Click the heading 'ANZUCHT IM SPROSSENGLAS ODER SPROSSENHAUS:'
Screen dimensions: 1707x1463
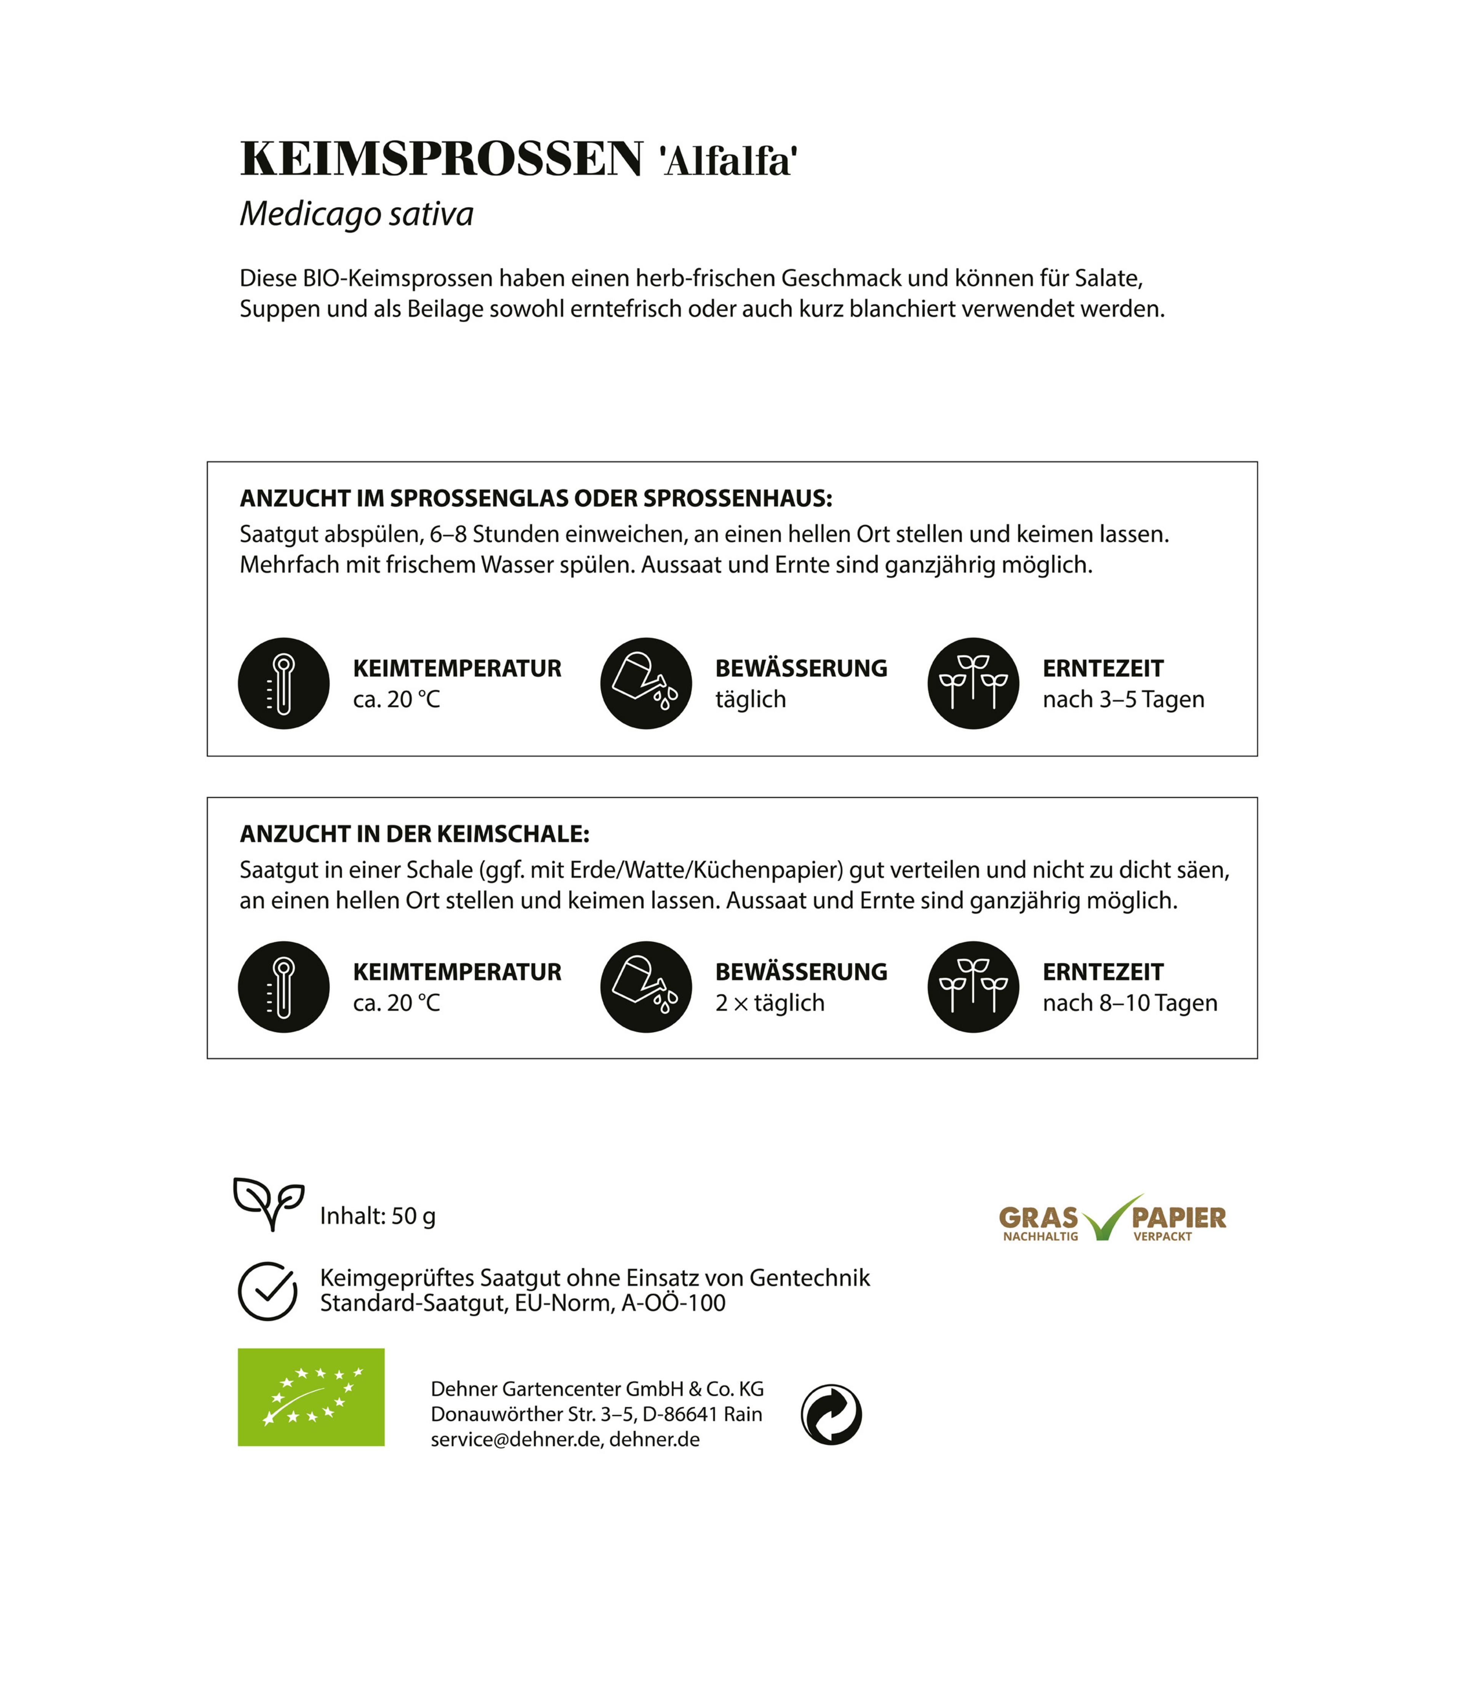tap(535, 498)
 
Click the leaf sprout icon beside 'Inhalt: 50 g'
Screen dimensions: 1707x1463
tap(269, 1203)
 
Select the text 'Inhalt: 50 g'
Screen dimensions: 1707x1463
tap(377, 1216)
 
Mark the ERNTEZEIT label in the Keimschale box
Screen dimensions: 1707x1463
tap(1102, 972)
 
